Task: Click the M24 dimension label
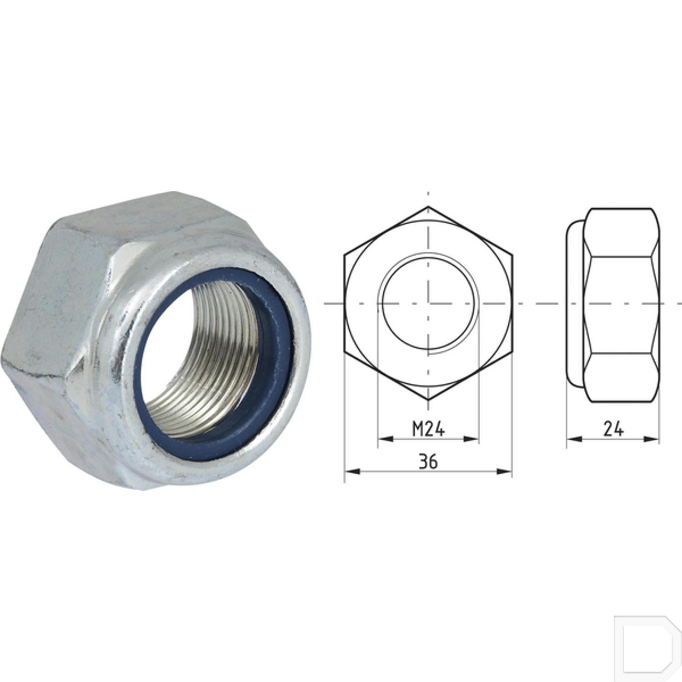[428, 428]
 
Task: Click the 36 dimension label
[428, 461]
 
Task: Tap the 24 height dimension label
[613, 429]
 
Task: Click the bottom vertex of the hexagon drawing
[428, 400]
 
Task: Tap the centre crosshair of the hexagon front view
[428, 303]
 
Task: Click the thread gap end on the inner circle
[429, 352]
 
